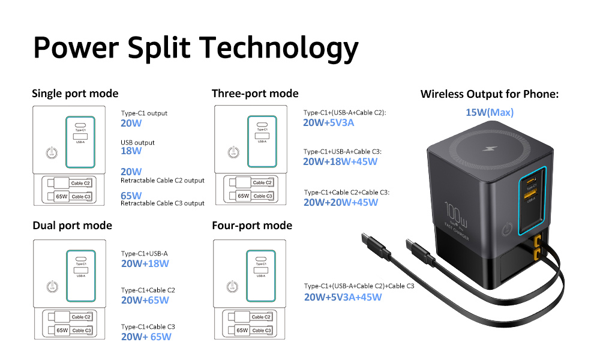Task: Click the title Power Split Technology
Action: point(196,47)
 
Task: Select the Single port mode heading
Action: point(75,94)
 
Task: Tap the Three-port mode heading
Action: point(255,94)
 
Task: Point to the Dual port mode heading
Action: point(72,226)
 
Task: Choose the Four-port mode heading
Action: point(252,226)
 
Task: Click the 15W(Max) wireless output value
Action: point(490,112)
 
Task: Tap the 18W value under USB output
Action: point(131,151)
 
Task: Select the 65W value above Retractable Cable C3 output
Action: point(131,196)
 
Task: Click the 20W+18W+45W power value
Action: point(341,161)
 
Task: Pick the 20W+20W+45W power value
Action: point(341,202)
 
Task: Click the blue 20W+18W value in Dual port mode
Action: point(145,263)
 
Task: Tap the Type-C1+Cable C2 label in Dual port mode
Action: point(148,290)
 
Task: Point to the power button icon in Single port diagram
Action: point(52,152)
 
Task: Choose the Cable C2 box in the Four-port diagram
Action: point(262,317)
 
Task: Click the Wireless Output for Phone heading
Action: point(490,94)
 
